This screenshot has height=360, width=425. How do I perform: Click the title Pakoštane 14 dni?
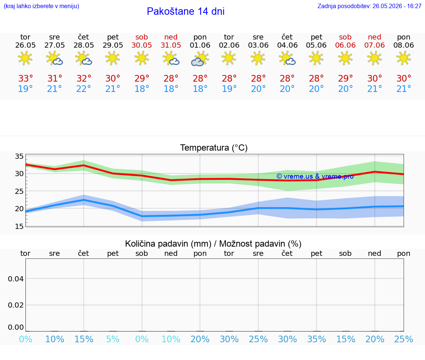(x=186, y=11)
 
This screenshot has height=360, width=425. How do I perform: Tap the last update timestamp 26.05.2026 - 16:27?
(x=397, y=6)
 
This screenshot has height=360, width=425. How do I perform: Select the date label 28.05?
(x=84, y=45)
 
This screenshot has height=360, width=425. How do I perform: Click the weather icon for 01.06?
(x=200, y=59)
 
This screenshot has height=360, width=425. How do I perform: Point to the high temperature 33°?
(x=25, y=78)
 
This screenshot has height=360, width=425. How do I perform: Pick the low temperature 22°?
(x=83, y=89)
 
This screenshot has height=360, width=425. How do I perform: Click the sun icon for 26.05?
(x=25, y=58)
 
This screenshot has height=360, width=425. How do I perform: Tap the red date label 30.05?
(x=142, y=45)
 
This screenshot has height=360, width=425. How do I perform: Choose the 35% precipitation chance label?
(x=317, y=339)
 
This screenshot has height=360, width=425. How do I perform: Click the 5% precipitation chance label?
(x=113, y=339)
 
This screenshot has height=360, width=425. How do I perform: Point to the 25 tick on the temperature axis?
(x=19, y=191)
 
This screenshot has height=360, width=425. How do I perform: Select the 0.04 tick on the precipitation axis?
(x=16, y=279)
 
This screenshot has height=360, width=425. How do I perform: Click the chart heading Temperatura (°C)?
(x=214, y=148)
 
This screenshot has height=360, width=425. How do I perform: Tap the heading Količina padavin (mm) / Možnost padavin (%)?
(x=213, y=244)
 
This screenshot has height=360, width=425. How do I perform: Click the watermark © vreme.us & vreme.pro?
(x=315, y=176)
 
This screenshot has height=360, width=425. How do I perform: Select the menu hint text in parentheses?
(x=41, y=6)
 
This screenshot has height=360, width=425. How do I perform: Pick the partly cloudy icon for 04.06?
(x=287, y=59)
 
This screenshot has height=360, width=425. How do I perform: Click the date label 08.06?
(x=404, y=45)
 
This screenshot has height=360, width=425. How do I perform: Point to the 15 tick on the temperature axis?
(x=19, y=226)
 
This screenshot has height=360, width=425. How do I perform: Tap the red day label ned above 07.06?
(x=374, y=37)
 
